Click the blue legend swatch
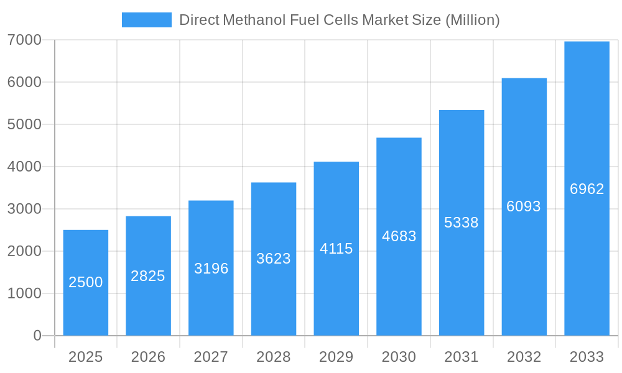click(x=146, y=20)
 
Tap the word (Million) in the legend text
click(x=472, y=20)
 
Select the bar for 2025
click(x=86, y=283)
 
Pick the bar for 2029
click(x=336, y=249)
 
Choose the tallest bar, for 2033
click(x=587, y=188)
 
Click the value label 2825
click(x=148, y=276)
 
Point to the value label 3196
click(x=211, y=269)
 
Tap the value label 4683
click(x=399, y=236)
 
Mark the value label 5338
click(x=462, y=223)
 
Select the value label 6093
click(x=524, y=206)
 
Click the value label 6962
click(x=587, y=189)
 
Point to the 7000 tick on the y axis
click(x=24, y=40)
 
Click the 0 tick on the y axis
click(x=37, y=336)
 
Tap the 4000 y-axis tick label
click(x=24, y=167)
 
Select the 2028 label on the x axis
click(x=274, y=357)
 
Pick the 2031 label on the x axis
click(x=462, y=357)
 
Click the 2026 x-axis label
click(x=148, y=357)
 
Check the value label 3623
click(x=274, y=259)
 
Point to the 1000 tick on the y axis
click(x=24, y=293)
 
